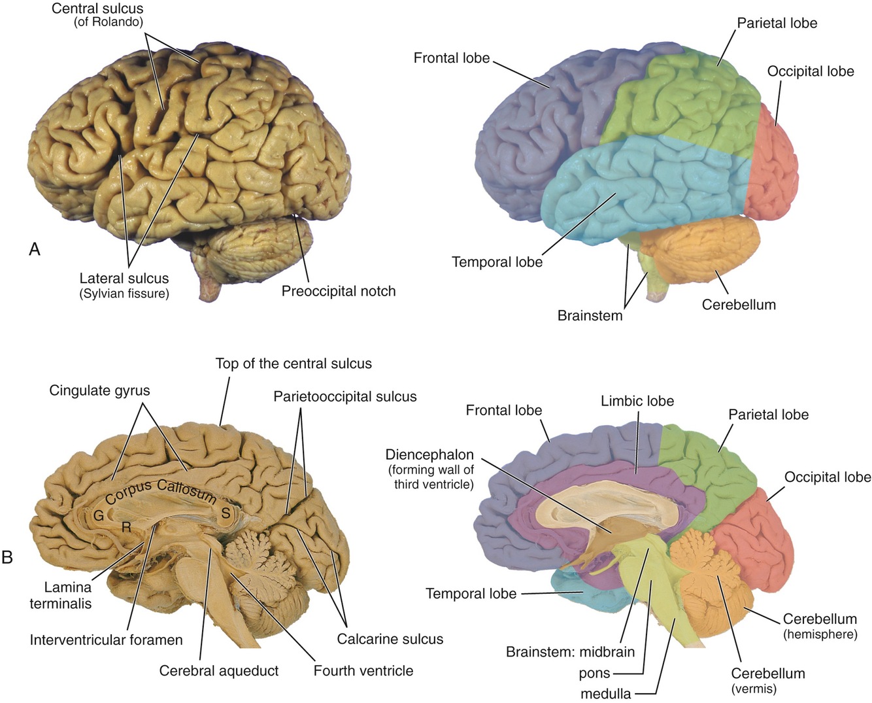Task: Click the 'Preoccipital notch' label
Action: (x=339, y=291)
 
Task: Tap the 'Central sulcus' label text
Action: (x=97, y=9)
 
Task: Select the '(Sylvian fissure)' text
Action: (x=124, y=294)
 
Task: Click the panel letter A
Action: (x=35, y=249)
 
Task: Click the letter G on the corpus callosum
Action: (x=99, y=515)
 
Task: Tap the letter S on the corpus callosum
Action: (x=226, y=513)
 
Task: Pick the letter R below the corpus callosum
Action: (x=127, y=526)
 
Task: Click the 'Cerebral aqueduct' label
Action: (x=219, y=670)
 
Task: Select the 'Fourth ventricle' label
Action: (x=363, y=670)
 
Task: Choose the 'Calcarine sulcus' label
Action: (x=390, y=639)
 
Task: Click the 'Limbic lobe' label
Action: (x=637, y=401)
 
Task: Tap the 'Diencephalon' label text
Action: (x=429, y=454)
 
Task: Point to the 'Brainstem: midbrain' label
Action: (x=570, y=652)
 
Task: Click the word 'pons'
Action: (x=594, y=673)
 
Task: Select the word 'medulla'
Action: (x=606, y=693)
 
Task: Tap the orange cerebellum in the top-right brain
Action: (x=703, y=245)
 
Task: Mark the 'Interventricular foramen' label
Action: (x=106, y=640)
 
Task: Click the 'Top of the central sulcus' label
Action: (x=293, y=364)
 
